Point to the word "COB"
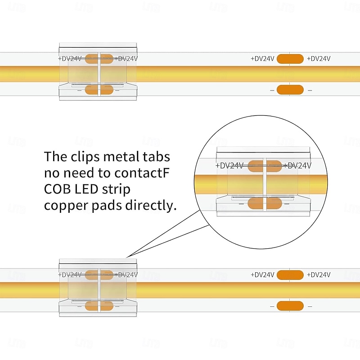(x=57, y=189)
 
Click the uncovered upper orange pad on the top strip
(x=289, y=58)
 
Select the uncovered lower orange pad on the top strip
(x=289, y=90)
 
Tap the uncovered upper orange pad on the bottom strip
(x=289, y=274)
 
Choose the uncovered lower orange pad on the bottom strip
(x=289, y=306)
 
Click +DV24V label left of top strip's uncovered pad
(x=263, y=58)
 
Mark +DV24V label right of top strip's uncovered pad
(x=319, y=58)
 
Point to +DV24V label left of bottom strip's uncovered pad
(x=263, y=274)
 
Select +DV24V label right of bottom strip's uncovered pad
(x=319, y=274)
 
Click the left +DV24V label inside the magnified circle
(x=229, y=166)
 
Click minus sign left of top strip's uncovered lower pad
(x=272, y=90)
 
